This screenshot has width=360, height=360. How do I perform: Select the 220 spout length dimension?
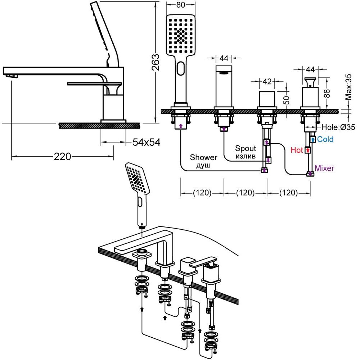tap(62, 157)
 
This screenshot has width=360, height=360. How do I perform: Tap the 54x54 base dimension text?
tap(146, 143)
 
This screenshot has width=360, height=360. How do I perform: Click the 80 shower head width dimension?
tap(181, 5)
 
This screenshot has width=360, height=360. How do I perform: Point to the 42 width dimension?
tap(267, 81)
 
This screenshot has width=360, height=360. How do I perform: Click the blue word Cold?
tap(325, 139)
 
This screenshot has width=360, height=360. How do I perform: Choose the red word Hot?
tap(297, 150)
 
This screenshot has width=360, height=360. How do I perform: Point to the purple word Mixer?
tap(324, 168)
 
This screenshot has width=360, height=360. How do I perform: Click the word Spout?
tap(246, 148)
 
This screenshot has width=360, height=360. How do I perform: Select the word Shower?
tap(204, 157)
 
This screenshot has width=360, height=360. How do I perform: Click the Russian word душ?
tap(203, 165)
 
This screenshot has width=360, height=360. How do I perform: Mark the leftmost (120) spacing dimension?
tap(202, 193)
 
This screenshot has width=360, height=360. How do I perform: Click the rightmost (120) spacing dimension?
tap(289, 193)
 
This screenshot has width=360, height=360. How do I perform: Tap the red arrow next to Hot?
tap(307, 150)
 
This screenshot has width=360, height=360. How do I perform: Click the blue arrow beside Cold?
tap(313, 139)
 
